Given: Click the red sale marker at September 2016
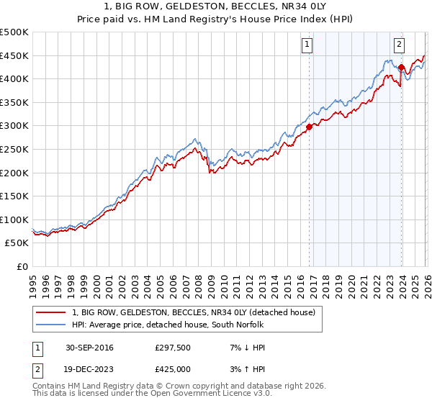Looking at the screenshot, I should [309, 127].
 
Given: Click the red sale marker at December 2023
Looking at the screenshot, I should [401, 67].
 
